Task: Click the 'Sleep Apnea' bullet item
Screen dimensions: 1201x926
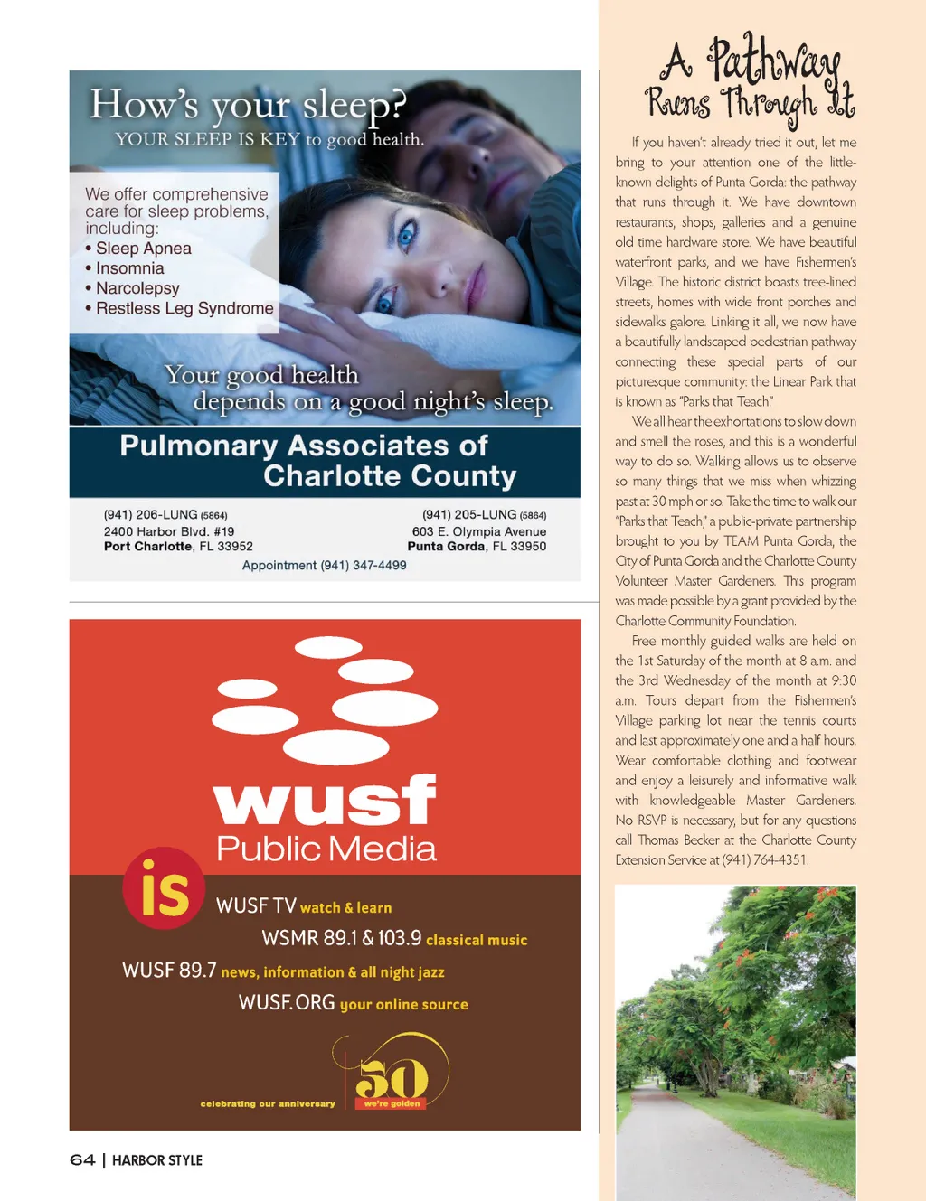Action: click(x=143, y=249)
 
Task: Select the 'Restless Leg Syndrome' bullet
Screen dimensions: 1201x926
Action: click(x=184, y=308)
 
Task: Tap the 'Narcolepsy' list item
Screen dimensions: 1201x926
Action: click(x=137, y=288)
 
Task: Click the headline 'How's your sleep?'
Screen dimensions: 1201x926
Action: click(x=248, y=105)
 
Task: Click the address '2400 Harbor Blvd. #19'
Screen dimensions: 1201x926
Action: click(x=169, y=531)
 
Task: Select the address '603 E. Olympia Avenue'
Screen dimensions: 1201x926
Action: click(x=478, y=531)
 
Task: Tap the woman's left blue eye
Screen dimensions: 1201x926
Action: click(x=406, y=237)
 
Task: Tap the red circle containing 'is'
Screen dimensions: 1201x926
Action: click(x=164, y=888)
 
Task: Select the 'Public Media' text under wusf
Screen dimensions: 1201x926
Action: click(x=326, y=849)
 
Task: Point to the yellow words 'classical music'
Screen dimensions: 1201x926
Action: click(x=477, y=940)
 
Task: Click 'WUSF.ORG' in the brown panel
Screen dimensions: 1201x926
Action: click(x=287, y=1003)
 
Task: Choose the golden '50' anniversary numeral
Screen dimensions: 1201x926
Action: click(x=392, y=1078)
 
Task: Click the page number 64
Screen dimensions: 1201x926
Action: click(x=82, y=1160)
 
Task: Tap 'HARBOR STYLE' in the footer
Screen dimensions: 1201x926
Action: click(x=157, y=1160)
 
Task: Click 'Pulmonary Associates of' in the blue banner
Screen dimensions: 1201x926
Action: click(x=304, y=446)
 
